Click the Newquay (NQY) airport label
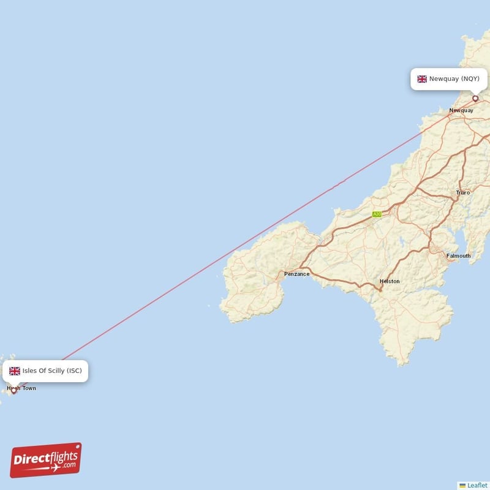click(x=449, y=79)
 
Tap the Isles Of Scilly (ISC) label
click(x=46, y=371)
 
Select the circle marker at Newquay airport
click(x=475, y=99)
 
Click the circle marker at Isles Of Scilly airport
click(x=14, y=390)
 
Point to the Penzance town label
click(x=296, y=274)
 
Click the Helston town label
click(x=390, y=281)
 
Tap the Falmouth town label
click(x=458, y=255)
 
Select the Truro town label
click(x=462, y=192)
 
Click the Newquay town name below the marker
click(x=461, y=110)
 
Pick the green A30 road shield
click(x=377, y=214)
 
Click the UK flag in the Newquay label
click(x=422, y=79)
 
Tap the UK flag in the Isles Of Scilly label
click(x=15, y=371)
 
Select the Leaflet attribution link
click(x=477, y=485)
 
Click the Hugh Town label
click(x=21, y=388)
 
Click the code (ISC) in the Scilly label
click(x=74, y=371)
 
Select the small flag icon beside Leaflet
click(x=462, y=485)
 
